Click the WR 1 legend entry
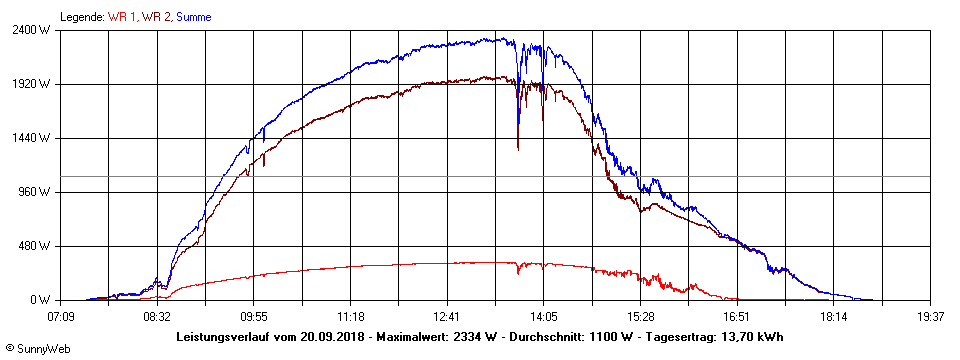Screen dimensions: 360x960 coord(122,17)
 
